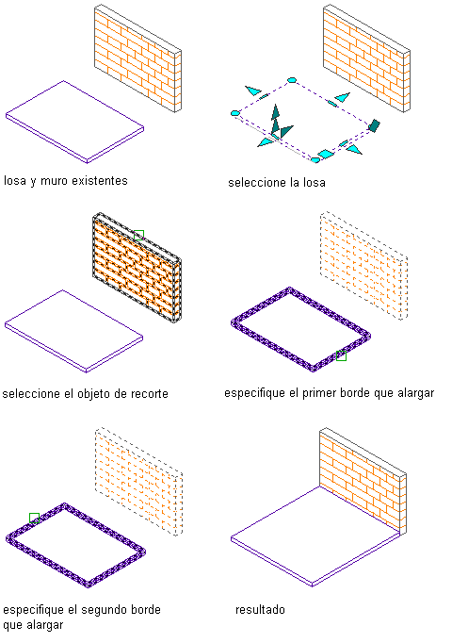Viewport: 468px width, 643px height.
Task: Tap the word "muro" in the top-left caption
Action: (51, 181)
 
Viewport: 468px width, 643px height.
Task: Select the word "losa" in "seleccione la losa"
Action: (315, 183)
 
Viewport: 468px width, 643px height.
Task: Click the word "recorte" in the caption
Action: (148, 394)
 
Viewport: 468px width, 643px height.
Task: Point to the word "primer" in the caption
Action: (318, 393)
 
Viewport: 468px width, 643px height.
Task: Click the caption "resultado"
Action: (260, 610)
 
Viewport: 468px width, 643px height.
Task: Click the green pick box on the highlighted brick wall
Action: (138, 235)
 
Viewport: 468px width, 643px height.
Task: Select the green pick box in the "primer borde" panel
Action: (341, 356)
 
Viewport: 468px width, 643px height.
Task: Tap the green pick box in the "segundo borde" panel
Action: (35, 518)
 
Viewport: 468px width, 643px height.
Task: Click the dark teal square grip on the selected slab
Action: (374, 125)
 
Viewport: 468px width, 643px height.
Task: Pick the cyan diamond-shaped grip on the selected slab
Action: (326, 155)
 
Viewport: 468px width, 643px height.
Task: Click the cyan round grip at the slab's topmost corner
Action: (292, 80)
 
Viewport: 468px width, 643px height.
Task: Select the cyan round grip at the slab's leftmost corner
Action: (235, 113)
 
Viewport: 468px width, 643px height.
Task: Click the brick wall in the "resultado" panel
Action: (363, 481)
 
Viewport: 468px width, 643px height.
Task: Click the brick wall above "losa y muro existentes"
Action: (138, 58)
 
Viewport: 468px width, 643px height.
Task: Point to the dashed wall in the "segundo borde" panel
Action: (138, 481)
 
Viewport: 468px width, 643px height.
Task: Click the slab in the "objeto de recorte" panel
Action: (74, 331)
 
